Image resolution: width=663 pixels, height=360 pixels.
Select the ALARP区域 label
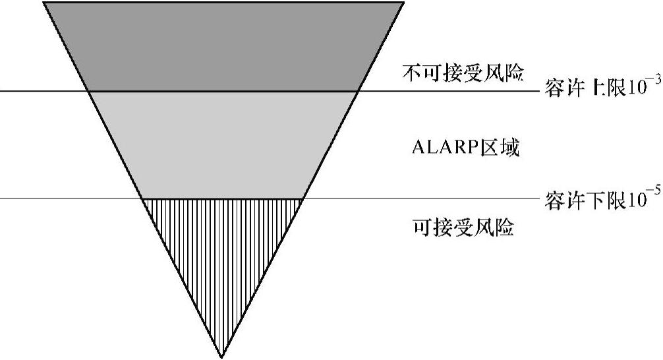[x=465, y=148]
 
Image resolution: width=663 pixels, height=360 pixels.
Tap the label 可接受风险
[x=463, y=228]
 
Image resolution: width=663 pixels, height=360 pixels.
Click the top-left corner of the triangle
[x=44, y=3]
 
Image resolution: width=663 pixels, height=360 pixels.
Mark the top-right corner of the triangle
[x=402, y=3]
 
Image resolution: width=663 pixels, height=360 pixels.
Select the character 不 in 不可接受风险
[x=411, y=73]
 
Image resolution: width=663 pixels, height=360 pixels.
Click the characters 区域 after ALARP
[x=500, y=148]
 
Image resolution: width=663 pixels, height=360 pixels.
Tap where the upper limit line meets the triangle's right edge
[x=358, y=90]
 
